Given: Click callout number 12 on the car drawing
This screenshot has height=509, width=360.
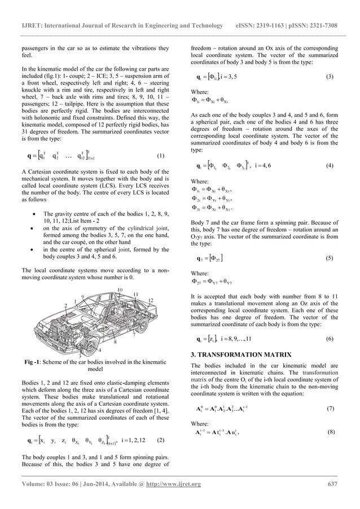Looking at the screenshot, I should (x=150, y=299).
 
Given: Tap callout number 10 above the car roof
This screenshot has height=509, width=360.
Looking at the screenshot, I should (x=120, y=289).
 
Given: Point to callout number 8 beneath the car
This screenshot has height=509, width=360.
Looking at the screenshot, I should (x=115, y=341).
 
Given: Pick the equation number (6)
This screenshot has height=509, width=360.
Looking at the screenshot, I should (x=330, y=340).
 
